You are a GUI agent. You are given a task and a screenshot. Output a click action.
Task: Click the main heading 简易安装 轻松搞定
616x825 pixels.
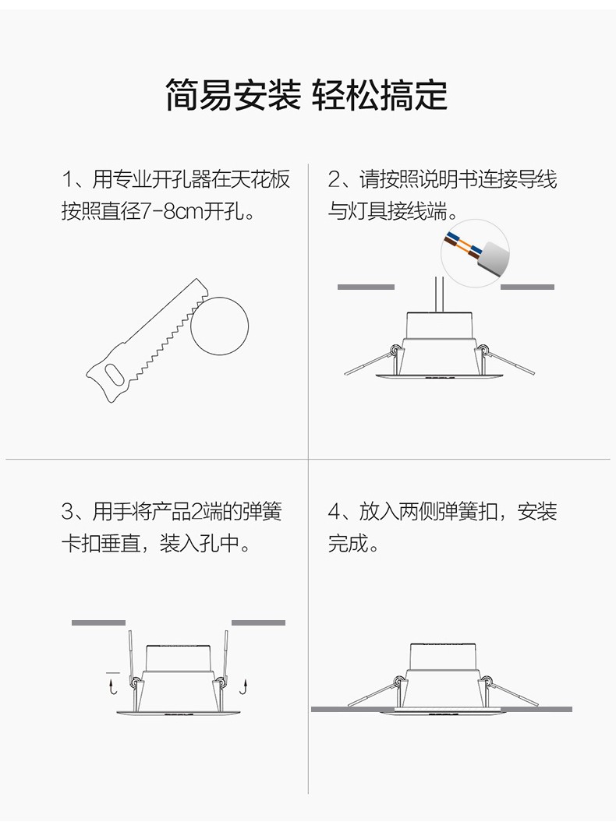pos(307,95)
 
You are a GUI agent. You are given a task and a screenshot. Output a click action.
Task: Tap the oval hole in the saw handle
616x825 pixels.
pos(115,375)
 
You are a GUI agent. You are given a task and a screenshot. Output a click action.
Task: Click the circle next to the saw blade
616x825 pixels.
pos(219,326)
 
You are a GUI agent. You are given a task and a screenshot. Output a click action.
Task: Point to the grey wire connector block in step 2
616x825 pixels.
pos(494,258)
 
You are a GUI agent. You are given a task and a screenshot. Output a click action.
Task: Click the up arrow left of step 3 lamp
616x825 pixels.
pos(112,686)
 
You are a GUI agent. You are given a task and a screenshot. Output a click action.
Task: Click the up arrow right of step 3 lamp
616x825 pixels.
pos(244,686)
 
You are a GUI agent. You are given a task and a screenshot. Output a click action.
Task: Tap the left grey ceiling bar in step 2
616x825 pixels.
pos(366,287)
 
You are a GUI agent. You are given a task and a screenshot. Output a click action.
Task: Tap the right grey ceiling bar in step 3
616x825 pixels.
pos(259,622)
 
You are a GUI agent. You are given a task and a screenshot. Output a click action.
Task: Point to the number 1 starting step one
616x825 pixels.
pos(67,179)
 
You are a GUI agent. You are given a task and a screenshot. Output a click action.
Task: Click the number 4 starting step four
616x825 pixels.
pos(335,511)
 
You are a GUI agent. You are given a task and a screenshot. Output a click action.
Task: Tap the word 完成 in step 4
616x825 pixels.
pos(348,543)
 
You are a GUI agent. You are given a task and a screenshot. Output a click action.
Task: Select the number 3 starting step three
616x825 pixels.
pos(68,511)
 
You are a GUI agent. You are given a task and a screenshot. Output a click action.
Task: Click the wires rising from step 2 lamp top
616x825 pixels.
pos(439,294)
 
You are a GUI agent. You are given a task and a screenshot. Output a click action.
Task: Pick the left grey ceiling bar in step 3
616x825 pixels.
pos(98,622)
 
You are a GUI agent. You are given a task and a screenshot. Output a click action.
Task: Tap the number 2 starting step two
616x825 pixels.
pos(335,179)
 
